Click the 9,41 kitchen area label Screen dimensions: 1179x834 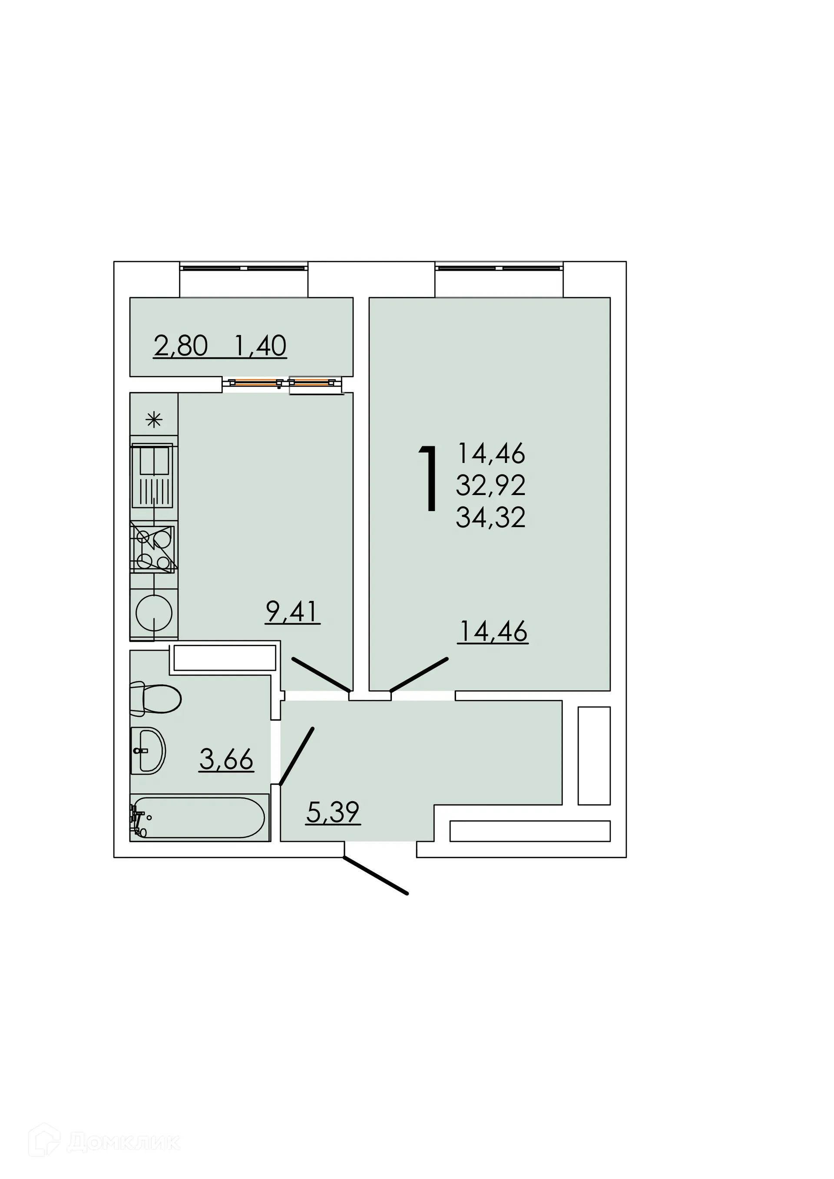click(292, 611)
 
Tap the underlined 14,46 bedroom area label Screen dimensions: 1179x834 click(493, 631)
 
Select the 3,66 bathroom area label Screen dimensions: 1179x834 click(226, 759)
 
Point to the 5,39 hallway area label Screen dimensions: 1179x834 click(333, 812)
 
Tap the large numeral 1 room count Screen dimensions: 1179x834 click(429, 479)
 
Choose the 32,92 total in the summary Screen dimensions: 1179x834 click(490, 485)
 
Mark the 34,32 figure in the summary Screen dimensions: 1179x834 click(490, 517)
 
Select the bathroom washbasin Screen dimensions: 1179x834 click(149, 750)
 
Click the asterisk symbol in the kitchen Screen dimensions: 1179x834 click(154, 420)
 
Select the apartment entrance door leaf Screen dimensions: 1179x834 click(375, 875)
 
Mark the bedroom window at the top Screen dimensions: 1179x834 click(499, 268)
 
